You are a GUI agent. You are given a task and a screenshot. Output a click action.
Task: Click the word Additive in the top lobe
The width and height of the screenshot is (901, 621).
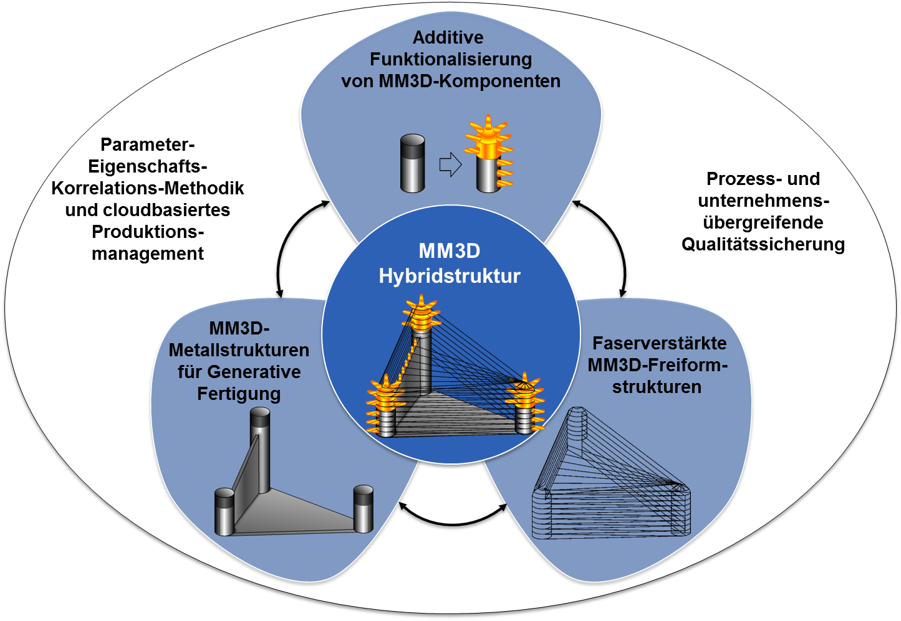(448, 37)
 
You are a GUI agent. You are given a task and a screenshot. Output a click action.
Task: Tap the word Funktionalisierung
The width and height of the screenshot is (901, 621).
(451, 59)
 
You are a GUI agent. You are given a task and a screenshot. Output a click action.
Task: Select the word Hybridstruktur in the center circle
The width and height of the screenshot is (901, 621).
(450, 276)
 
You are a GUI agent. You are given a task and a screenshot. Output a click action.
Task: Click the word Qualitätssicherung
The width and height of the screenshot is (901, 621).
(763, 244)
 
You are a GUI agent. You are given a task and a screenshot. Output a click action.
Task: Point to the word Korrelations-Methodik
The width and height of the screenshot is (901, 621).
(148, 188)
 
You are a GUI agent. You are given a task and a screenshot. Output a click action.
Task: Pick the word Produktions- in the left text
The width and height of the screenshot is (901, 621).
(148, 232)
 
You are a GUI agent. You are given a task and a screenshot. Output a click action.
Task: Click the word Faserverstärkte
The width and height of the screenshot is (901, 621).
(659, 343)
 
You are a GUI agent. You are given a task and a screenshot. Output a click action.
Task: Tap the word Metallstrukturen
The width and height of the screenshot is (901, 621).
(239, 350)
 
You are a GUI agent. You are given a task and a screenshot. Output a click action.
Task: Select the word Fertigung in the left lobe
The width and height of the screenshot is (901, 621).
(239, 394)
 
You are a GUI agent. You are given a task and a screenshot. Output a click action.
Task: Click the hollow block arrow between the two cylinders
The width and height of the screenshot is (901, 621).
(450, 165)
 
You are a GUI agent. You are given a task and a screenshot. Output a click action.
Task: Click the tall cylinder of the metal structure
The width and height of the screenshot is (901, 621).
(260, 448)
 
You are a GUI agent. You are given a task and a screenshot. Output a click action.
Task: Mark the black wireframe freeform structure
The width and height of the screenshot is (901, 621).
(611, 480)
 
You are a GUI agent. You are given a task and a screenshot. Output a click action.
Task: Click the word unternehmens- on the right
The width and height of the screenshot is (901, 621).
(763, 201)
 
